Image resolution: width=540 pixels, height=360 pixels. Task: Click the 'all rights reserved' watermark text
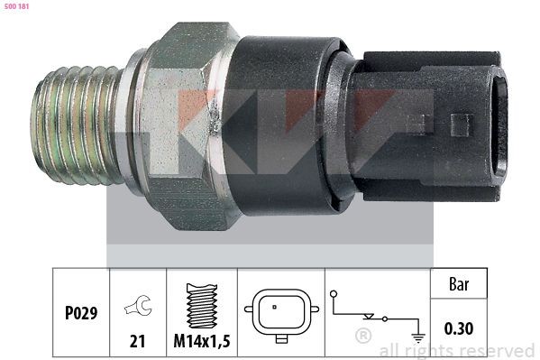(x=457, y=350)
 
